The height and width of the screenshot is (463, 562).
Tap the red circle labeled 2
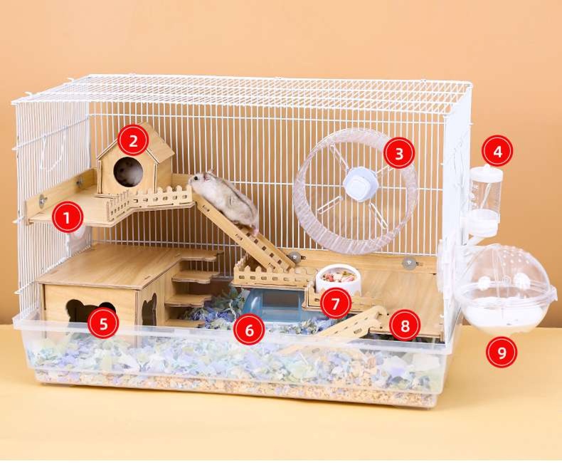tap(133, 141)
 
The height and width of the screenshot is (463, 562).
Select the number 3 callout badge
tap(399, 153)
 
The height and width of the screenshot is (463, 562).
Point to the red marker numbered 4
tap(497, 152)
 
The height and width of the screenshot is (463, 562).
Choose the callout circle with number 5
tap(103, 323)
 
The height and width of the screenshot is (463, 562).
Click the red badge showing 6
tap(249, 330)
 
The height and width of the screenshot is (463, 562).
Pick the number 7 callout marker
tap(336, 303)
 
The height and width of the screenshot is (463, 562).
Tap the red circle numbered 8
tap(405, 326)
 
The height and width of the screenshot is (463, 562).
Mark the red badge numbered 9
tap(502, 352)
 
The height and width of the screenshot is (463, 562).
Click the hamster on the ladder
tap(225, 200)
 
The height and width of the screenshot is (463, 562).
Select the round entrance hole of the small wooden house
tap(128, 172)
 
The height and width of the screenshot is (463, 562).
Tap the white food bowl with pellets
tap(337, 280)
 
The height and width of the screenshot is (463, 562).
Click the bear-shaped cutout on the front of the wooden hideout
tap(90, 311)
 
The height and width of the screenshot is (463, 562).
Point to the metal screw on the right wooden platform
tap(408, 264)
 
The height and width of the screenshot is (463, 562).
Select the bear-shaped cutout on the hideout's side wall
tap(149, 308)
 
